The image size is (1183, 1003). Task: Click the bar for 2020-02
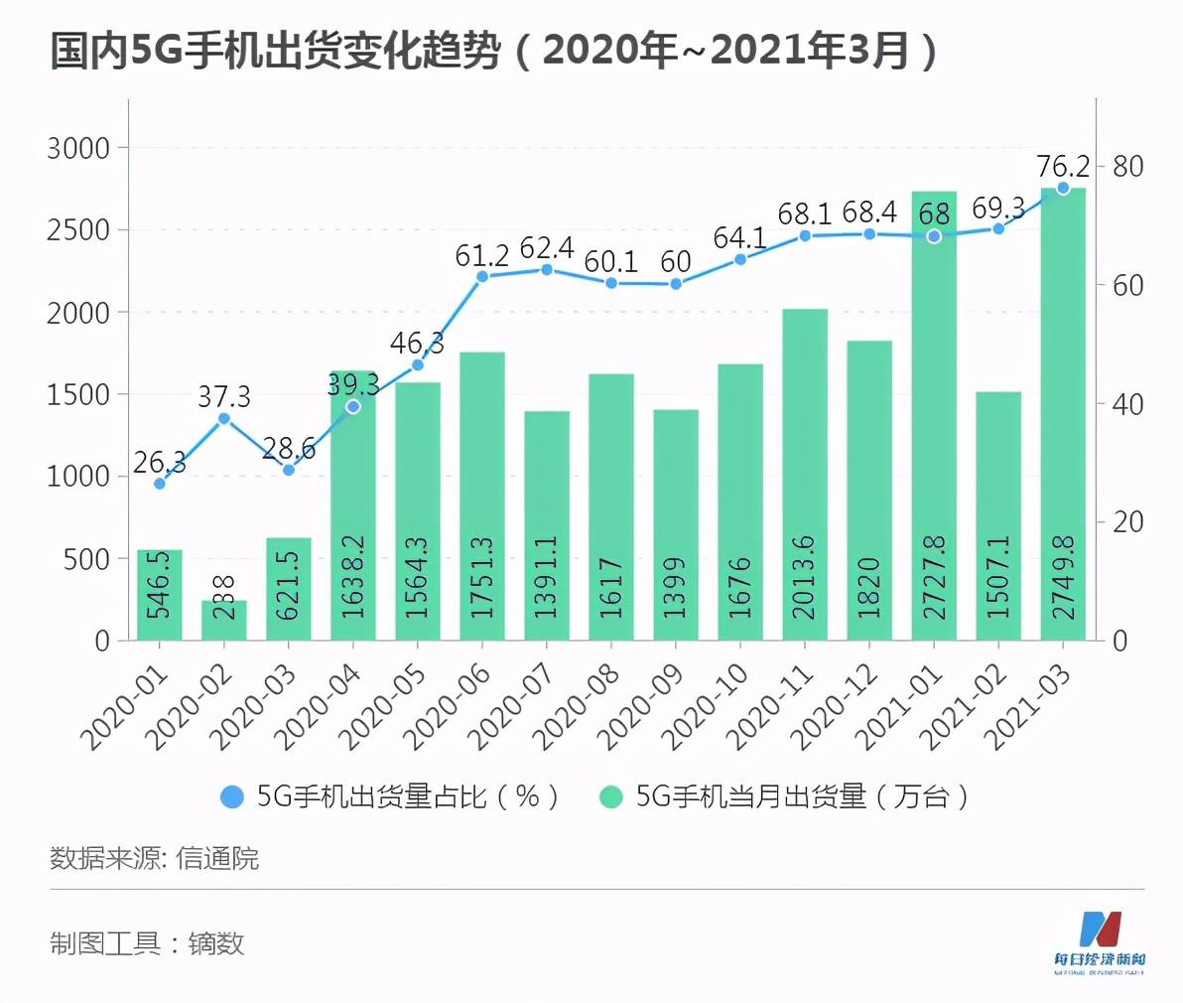tap(224, 621)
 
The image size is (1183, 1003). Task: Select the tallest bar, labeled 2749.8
tap(1063, 417)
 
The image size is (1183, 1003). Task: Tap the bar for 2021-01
tap(934, 417)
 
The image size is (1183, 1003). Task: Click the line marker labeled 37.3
tap(224, 419)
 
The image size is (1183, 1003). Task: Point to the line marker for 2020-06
tap(482, 277)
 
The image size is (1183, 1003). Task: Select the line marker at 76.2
tap(1063, 188)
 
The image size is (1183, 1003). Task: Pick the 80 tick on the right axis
tap(1127, 167)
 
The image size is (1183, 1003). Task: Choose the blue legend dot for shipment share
tap(231, 796)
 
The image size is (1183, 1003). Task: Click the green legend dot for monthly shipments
tap(611, 796)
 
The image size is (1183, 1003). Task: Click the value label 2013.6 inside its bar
tap(804, 577)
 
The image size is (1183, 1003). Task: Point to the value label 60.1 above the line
tap(611, 261)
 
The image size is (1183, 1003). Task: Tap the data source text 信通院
tap(217, 858)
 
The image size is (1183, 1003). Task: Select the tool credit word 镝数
tap(215, 943)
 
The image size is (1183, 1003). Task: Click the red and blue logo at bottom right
tap(1099, 930)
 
